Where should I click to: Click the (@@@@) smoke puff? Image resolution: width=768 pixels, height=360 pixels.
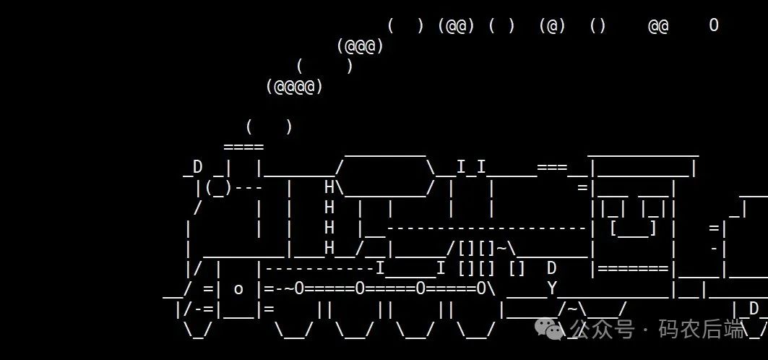294,87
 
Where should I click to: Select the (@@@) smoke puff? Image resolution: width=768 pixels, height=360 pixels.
360,46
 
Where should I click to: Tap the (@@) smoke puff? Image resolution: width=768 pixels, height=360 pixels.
456,26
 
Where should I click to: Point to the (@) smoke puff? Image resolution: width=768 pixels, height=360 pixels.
552,26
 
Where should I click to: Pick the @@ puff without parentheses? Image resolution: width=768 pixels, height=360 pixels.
658,26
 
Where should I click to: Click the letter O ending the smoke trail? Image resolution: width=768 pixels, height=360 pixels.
714,25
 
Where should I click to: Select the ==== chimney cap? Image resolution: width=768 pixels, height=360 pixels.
243,147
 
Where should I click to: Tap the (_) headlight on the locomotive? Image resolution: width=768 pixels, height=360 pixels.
217,188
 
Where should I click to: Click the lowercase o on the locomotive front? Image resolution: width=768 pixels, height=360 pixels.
238,289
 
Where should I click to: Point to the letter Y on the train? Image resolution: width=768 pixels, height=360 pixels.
552,289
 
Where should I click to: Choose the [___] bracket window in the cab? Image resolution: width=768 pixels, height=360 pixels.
633,228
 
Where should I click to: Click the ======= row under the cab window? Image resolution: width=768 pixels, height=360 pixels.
632,269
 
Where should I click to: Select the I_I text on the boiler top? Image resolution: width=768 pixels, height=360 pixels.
471,168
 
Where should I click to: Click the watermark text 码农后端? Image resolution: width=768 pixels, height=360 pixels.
701,330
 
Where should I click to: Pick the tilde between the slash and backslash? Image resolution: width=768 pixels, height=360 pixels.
572,309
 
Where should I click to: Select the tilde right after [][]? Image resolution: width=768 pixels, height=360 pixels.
501,249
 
